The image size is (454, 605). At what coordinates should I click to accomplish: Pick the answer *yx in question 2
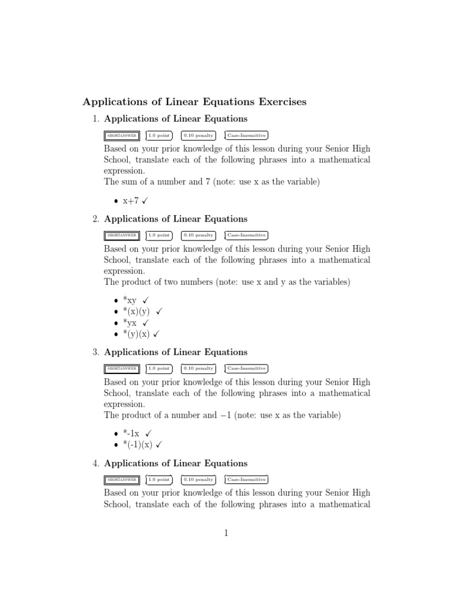coord(129,323)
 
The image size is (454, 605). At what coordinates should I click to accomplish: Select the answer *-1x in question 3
coord(131,434)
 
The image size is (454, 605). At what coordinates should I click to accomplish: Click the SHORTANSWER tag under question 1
coord(122,136)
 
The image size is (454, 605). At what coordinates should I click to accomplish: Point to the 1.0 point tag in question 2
coord(159,235)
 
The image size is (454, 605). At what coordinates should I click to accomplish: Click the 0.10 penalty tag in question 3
coord(198,369)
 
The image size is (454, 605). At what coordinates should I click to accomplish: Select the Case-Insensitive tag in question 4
coord(247,480)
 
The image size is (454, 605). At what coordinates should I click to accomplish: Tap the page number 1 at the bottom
coord(226,533)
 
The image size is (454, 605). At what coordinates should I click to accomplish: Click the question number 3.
coord(95,352)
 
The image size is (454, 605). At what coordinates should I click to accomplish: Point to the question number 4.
coord(95,463)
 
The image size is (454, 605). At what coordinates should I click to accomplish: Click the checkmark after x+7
coord(145,201)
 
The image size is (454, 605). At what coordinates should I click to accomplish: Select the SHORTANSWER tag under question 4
coord(122,480)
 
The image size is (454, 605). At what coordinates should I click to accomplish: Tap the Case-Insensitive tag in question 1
coord(247,136)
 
